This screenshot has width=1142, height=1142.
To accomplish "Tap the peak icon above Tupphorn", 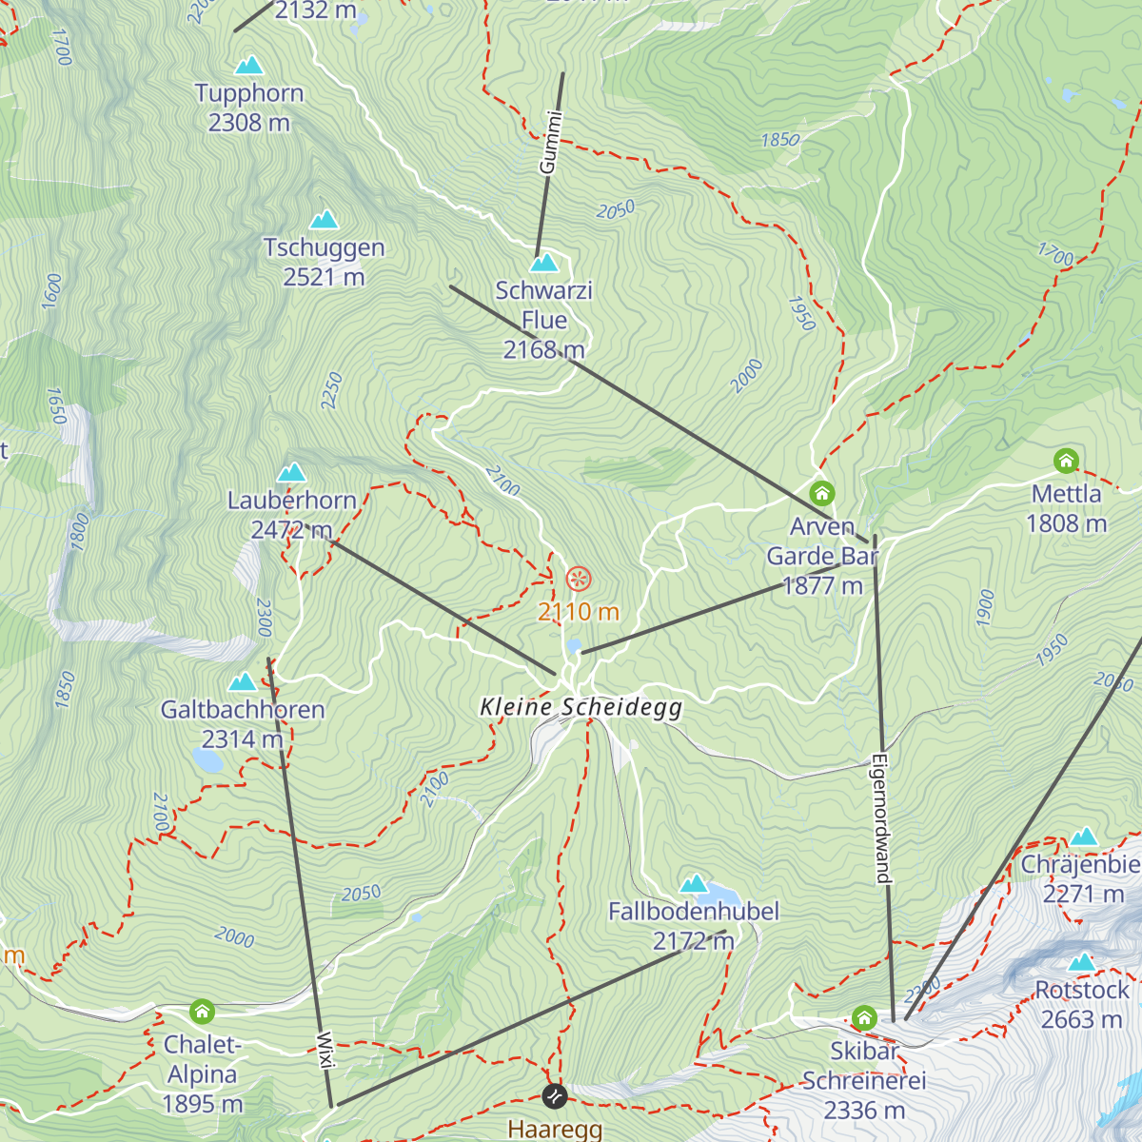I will [x=249, y=66].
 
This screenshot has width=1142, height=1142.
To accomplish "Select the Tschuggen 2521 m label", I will [x=324, y=262].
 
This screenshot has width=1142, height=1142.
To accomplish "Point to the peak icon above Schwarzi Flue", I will [x=544, y=262].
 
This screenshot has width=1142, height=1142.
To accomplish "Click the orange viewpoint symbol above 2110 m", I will [x=579, y=578].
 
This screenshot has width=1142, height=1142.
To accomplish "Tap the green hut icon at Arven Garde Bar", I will [x=822, y=493].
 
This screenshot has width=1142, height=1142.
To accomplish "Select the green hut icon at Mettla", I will [x=1066, y=462].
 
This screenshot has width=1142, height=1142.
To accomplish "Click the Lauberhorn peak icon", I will [x=291, y=472].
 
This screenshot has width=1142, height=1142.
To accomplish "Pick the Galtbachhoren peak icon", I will [x=243, y=681].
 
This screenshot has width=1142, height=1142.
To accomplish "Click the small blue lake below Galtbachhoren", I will [x=207, y=760].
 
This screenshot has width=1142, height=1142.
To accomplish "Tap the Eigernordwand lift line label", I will [x=881, y=819].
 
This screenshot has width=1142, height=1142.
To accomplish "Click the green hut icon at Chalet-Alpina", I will [x=202, y=1011].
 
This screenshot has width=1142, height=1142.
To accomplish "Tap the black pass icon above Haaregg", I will [x=555, y=1096].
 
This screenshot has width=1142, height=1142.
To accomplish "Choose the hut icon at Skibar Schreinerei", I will [x=864, y=1018].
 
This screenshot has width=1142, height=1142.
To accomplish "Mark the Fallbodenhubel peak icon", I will [x=694, y=883].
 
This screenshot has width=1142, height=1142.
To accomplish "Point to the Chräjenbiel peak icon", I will [x=1084, y=837].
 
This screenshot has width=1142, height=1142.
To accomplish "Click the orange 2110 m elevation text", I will [x=579, y=612].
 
